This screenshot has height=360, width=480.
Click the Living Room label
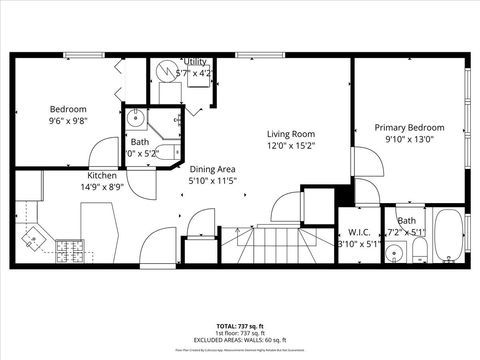pos(290,133)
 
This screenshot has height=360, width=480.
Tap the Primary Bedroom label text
pos(409,127)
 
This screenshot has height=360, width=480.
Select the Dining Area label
pos(213,169)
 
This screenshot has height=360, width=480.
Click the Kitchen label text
pos(103,174)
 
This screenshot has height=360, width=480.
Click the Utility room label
pos(194,62)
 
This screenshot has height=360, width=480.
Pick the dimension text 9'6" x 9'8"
pos(69,122)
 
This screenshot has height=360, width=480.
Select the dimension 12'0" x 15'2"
pos(290,145)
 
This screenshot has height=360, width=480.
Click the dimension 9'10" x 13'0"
pos(409,140)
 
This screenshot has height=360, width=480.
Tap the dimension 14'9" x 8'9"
pos(103,186)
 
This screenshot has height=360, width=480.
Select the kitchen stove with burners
pos(69,248)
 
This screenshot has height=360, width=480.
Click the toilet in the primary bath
pos(395,252)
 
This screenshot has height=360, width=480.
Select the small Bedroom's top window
pos(84,55)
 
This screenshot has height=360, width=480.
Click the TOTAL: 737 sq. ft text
pos(240,326)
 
